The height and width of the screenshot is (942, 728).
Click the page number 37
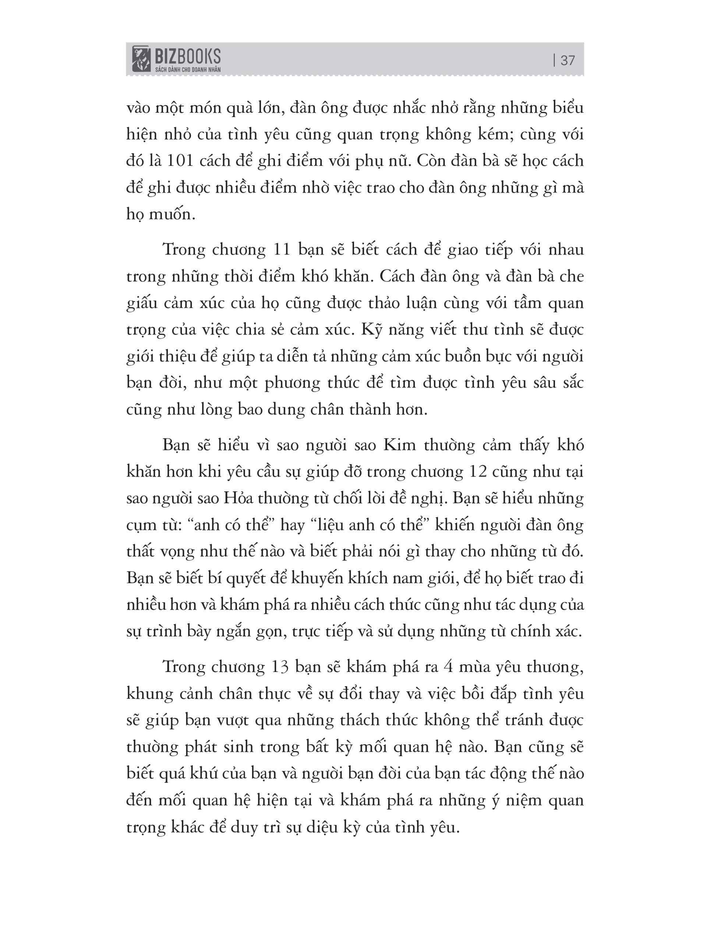pyautogui.click(x=568, y=60)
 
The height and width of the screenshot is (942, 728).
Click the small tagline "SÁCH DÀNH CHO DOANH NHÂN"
pyautogui.click(x=188, y=70)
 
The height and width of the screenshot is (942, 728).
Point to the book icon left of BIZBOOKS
pyautogui.click(x=141, y=59)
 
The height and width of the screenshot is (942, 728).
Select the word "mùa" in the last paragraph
pyautogui.click(x=475, y=667)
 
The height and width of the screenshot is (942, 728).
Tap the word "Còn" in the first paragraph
pyautogui.click(x=432, y=161)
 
